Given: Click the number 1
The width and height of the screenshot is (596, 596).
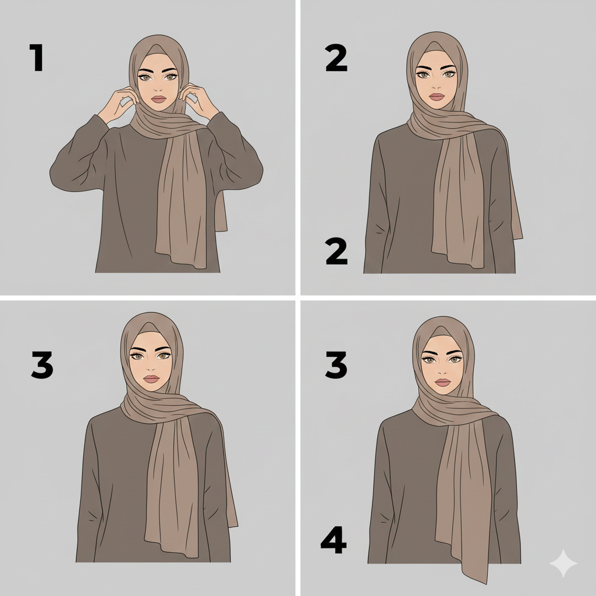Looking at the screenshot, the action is point(37,58).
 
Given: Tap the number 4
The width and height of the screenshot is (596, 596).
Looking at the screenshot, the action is point(334,540).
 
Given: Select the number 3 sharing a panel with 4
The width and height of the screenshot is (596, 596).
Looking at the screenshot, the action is point(336,364).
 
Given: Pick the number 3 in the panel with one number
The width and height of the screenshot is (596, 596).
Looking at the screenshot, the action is point(42,364).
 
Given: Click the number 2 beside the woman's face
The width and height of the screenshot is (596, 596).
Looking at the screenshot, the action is point(336,58).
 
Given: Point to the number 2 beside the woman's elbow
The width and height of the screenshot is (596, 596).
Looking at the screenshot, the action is point(337,251).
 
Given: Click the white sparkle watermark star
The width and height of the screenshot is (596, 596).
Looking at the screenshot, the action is point(563,563).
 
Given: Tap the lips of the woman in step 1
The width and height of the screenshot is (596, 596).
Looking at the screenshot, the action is point(159,99).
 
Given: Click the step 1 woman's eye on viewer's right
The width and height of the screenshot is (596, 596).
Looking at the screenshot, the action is point(171,77).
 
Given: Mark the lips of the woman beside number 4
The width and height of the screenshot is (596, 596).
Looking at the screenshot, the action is point(443,382).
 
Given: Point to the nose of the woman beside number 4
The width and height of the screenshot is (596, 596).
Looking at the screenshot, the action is point(442,371).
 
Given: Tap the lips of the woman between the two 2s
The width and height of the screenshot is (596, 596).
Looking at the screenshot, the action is point(437,97).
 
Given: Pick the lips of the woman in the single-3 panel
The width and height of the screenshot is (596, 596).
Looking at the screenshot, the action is point(151,379).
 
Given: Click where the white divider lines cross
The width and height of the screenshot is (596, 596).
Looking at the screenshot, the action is point(298,298).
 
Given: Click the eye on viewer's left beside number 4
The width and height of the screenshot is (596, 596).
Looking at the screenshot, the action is point(430,360).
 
